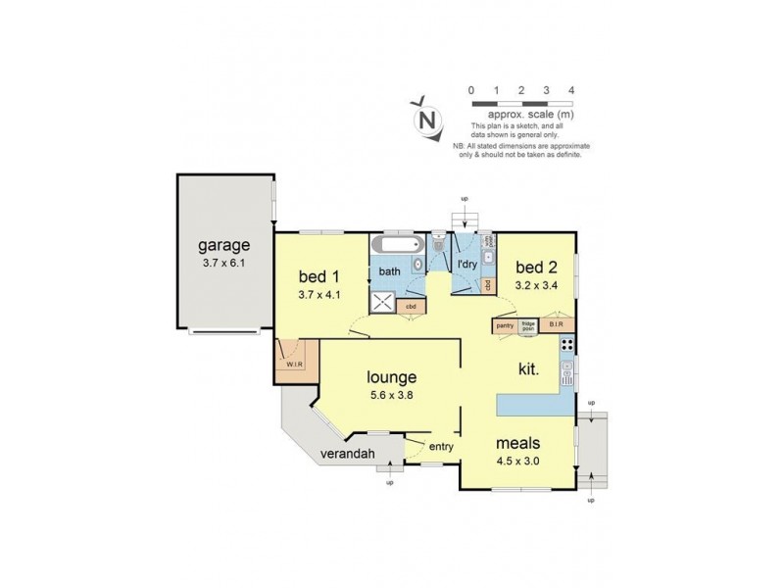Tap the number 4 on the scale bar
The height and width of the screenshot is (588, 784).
coord(571,90)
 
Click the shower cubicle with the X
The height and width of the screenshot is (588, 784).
coord(382,304)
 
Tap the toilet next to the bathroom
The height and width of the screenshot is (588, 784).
coord(437,241)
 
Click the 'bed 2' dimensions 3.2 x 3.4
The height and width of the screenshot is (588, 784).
coord(536,285)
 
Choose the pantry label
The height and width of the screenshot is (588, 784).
coord(506,324)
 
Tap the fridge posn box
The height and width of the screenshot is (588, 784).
coord(528,325)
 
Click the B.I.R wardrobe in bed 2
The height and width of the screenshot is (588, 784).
coord(556,324)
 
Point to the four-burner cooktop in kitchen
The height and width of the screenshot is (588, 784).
coord(566,345)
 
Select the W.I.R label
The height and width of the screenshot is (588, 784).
coord(292,365)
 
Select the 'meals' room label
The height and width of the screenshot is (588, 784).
coord(518,442)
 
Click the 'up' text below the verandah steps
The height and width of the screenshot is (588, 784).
coord(389,482)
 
